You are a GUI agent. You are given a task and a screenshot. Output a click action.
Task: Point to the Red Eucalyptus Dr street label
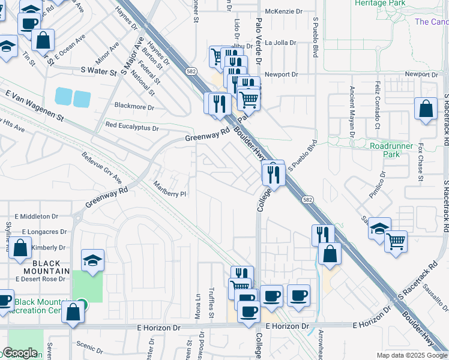tap(131, 127)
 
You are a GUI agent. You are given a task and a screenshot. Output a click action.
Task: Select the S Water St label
tap(98, 71)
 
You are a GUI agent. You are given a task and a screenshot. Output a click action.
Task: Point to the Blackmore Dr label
tap(134, 108)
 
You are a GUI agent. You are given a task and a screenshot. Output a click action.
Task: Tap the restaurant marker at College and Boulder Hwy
tap(273, 175)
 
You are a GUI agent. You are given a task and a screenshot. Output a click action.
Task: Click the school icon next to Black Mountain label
tap(92, 260)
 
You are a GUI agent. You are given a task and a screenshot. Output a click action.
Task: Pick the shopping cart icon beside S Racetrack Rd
tap(396, 241)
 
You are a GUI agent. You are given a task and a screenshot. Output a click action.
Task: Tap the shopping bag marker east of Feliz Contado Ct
tap(426, 109)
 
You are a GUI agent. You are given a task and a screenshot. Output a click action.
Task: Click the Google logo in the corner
tap(20, 353)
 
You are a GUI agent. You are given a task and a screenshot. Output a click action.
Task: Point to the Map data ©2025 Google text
tap(412, 355)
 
